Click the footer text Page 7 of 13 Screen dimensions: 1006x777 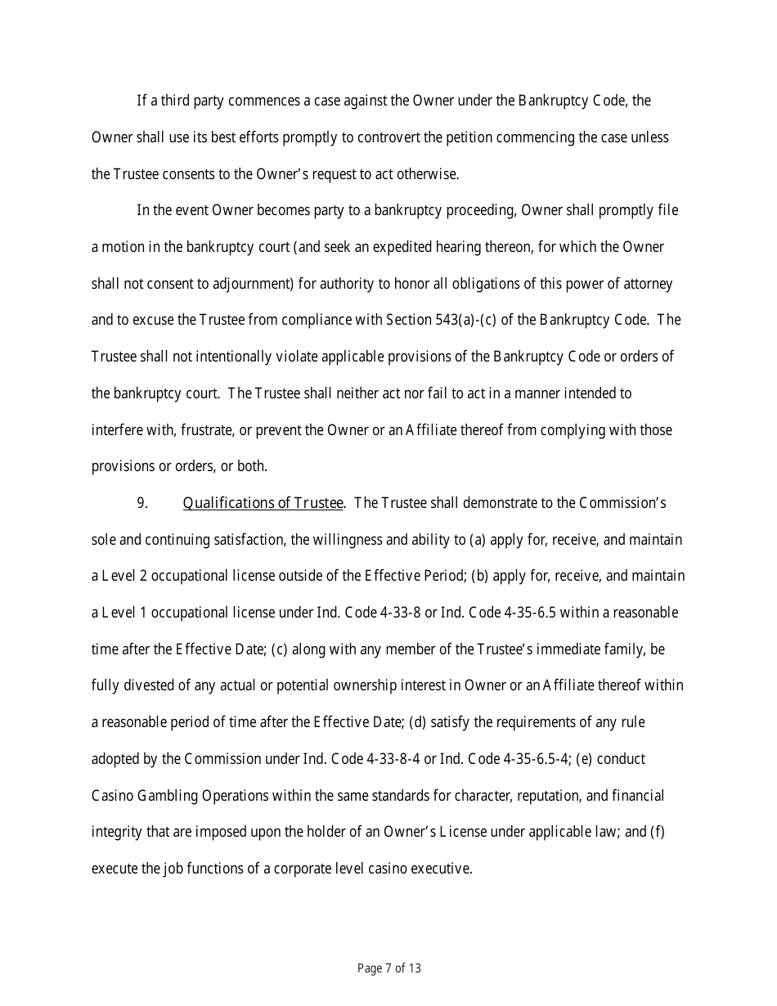(388, 968)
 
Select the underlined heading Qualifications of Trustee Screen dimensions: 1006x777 (263, 503)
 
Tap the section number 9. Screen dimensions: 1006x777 (142, 503)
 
